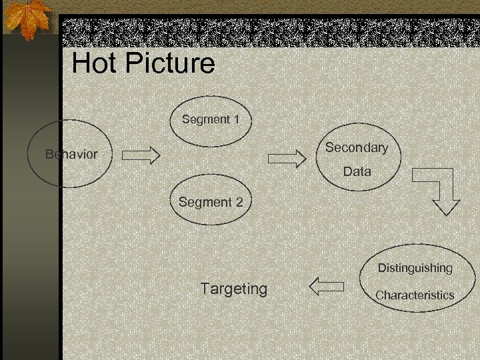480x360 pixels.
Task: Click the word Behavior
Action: (71, 154)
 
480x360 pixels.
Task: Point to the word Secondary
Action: (356, 147)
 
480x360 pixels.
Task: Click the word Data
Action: (357, 171)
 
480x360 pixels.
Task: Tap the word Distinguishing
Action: (415, 268)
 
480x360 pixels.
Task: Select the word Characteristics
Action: (414, 295)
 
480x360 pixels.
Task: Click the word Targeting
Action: (233, 289)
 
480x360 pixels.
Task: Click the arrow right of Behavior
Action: (141, 155)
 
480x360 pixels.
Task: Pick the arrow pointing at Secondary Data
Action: (286, 157)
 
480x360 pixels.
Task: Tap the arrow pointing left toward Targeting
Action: (327, 287)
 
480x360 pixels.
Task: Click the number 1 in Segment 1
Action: (236, 120)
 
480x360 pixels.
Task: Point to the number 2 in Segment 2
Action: (239, 202)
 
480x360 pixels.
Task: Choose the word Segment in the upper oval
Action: (204, 120)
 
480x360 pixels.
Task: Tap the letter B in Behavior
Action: (49, 154)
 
